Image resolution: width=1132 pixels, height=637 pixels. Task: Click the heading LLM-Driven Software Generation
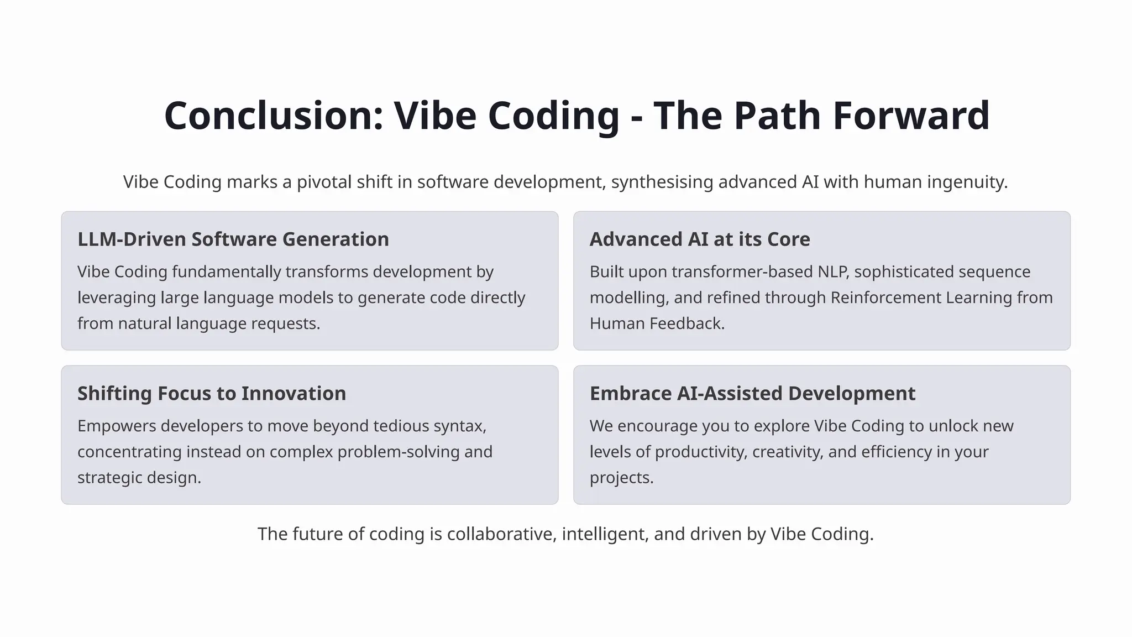[233, 239]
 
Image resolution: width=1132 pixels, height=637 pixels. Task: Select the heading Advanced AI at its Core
[700, 239]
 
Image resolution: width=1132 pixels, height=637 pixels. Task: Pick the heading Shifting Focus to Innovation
[212, 394]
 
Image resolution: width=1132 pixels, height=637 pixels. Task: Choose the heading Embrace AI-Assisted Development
[752, 394]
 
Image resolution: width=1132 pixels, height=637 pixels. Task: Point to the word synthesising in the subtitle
[662, 182]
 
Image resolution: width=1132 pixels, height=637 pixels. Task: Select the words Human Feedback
[657, 323]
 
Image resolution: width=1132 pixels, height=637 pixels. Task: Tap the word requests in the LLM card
[285, 323]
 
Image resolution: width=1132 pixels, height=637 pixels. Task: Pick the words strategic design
[139, 478]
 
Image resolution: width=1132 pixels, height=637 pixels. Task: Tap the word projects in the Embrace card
[621, 478]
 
